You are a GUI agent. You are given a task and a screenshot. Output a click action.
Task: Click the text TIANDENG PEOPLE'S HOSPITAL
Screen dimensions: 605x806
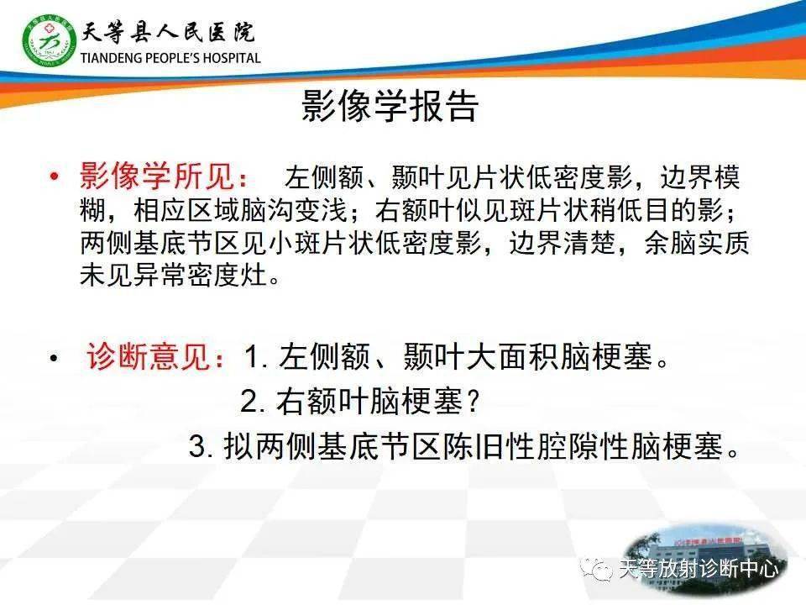pos(170,59)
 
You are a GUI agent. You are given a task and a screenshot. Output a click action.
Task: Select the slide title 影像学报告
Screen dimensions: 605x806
pos(390,107)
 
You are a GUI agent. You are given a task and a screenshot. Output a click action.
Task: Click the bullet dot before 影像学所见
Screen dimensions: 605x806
pos(55,178)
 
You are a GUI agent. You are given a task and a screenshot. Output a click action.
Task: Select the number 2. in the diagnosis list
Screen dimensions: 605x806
pos(253,403)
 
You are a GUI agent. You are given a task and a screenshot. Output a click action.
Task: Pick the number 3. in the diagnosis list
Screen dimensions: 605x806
pos(201,447)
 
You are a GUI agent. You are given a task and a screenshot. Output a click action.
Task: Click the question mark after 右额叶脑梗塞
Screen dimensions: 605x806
pos(474,403)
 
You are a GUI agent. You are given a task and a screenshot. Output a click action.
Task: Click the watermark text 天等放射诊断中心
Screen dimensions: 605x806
pos(699,570)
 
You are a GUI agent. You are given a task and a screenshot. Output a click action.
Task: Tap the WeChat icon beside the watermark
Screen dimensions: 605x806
pos(602,570)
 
